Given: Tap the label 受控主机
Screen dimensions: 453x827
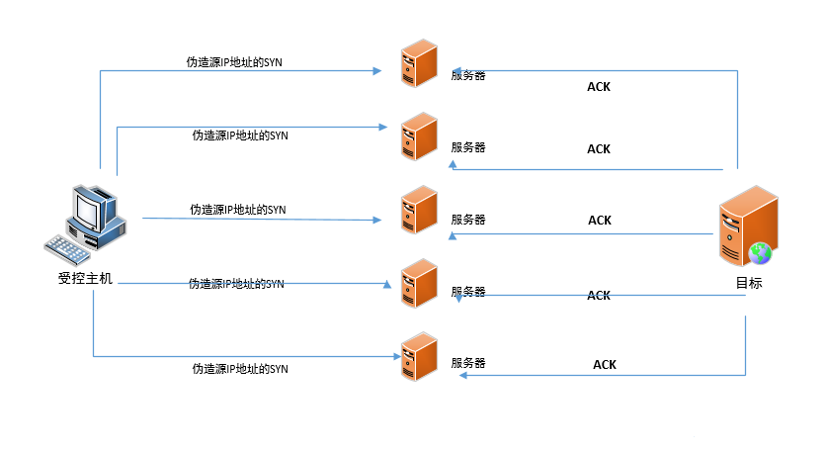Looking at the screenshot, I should (86, 280).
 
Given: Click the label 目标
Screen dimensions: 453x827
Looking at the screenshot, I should (748, 283).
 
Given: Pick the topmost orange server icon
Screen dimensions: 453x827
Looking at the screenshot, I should (419, 64).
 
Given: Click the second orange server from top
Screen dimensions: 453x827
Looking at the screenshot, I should (419, 136).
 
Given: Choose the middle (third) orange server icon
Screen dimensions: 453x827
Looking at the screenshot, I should (419, 210).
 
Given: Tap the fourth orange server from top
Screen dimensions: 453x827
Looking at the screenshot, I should (419, 283).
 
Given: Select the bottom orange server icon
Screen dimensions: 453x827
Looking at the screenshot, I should (419, 356).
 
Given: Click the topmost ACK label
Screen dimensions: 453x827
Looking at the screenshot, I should (599, 87).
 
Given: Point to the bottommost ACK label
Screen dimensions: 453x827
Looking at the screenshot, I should (605, 365).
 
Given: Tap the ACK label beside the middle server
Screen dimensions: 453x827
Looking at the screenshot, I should (600, 221).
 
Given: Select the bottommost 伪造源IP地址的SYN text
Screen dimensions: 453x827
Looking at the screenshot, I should (240, 369).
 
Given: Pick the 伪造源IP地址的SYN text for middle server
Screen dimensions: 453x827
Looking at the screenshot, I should (237, 210).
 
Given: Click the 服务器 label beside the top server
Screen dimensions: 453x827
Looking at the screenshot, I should (468, 75).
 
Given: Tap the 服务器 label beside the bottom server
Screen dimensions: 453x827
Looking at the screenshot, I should (468, 363).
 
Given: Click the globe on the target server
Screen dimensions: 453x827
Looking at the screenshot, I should (760, 253).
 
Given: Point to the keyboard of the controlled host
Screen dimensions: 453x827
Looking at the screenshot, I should (67, 250).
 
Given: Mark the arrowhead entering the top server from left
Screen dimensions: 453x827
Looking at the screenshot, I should (377, 70).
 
